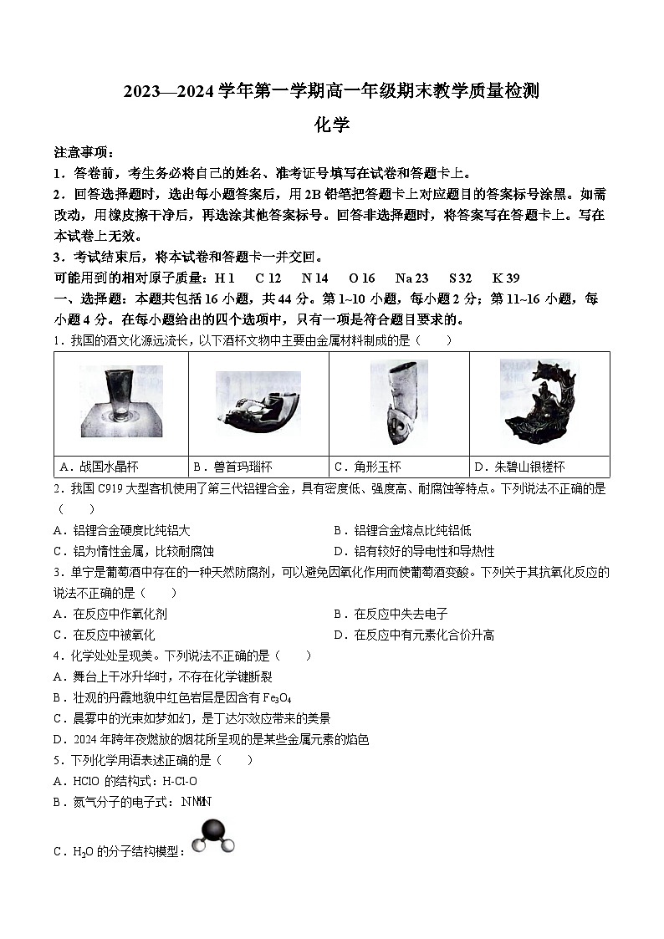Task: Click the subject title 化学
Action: click(x=331, y=125)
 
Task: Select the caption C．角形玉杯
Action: click(x=368, y=467)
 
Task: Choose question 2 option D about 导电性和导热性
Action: click(x=414, y=551)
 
